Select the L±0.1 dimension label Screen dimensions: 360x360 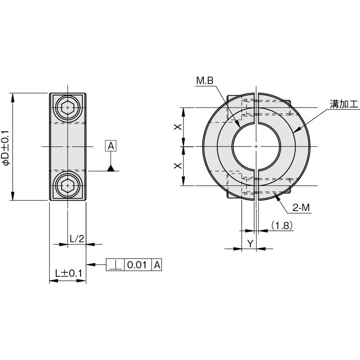tap(68, 273)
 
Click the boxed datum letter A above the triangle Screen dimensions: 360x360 tap(111, 146)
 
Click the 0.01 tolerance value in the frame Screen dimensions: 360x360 tap(137, 265)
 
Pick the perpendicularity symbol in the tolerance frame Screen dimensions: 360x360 tap(115, 265)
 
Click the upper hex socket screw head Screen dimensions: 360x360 tap(67, 108)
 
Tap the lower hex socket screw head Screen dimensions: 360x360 tap(67, 185)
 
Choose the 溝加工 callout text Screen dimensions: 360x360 tap(344, 105)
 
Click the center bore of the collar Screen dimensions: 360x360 tap(256, 147)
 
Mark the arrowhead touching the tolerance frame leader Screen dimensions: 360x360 tap(89, 265)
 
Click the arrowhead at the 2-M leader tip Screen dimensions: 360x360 tap(274, 198)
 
